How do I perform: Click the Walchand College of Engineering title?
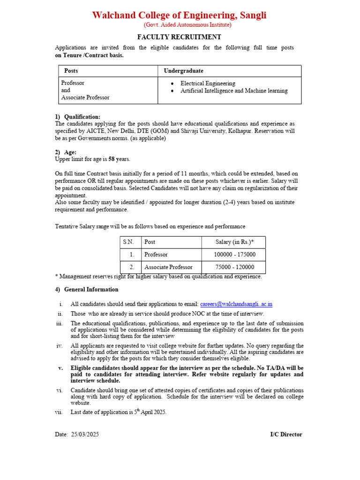point(179,15)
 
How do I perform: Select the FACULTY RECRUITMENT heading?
point(179,37)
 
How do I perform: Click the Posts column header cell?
point(71,71)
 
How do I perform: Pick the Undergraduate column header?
point(184,71)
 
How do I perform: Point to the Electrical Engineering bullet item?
point(208,83)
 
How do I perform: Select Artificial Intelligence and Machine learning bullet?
point(234,91)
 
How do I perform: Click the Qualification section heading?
point(82,117)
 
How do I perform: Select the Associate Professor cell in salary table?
point(168,267)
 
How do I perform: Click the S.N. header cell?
point(129,242)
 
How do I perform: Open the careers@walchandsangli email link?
point(236,304)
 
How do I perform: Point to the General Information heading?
point(91,290)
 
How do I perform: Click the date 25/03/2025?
point(85,435)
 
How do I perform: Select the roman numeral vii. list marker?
point(59,412)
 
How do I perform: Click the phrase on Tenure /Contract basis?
point(90,55)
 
